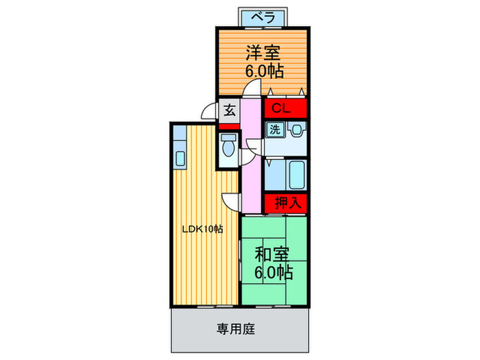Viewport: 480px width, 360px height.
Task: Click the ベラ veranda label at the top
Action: click(x=263, y=15)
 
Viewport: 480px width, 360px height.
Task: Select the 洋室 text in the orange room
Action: click(x=263, y=53)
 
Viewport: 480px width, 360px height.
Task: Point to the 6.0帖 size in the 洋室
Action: click(x=263, y=71)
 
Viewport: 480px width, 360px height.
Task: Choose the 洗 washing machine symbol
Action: click(x=274, y=128)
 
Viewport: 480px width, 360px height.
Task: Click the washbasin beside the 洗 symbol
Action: click(x=296, y=129)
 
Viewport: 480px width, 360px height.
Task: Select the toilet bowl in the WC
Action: click(x=228, y=145)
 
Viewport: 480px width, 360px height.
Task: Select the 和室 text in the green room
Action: click(x=273, y=254)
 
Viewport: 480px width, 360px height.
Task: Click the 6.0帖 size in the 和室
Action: click(x=273, y=272)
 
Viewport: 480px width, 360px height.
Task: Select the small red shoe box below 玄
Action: click(x=229, y=126)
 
